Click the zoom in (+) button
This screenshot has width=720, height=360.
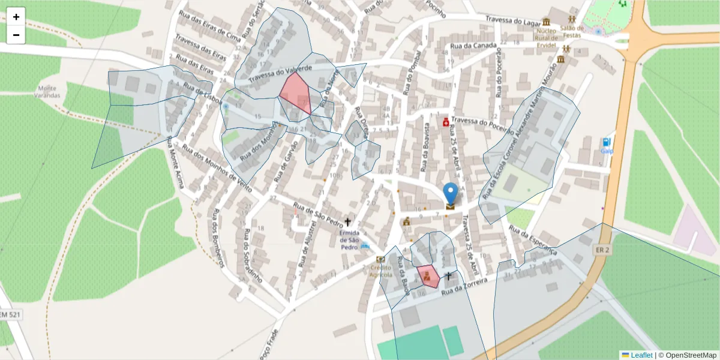[x=16, y=17]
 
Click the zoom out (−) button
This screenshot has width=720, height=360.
[x=16, y=35]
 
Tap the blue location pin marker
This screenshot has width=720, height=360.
[x=451, y=195]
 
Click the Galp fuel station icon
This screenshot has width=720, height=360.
[x=607, y=142]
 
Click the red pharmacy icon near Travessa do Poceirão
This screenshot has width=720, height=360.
[x=446, y=122]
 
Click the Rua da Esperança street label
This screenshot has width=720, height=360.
[x=533, y=240]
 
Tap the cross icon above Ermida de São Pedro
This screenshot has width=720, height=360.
[x=347, y=222]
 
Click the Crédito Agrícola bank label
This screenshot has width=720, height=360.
[x=381, y=271]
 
